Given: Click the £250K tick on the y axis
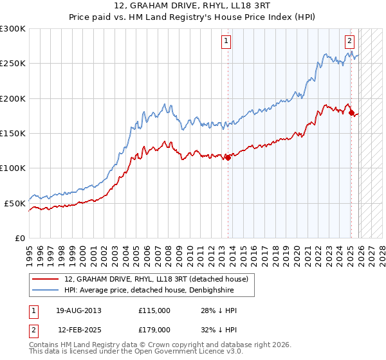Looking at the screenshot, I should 13,64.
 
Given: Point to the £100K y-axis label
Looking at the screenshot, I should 13,168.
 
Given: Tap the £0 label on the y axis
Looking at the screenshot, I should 21,238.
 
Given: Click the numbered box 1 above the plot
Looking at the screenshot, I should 226,42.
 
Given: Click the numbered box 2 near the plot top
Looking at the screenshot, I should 349,42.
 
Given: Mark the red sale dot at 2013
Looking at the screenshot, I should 227,157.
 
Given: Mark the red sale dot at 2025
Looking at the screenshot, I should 351,113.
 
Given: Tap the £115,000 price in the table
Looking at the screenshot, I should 154,310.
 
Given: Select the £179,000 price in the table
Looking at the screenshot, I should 154,329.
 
